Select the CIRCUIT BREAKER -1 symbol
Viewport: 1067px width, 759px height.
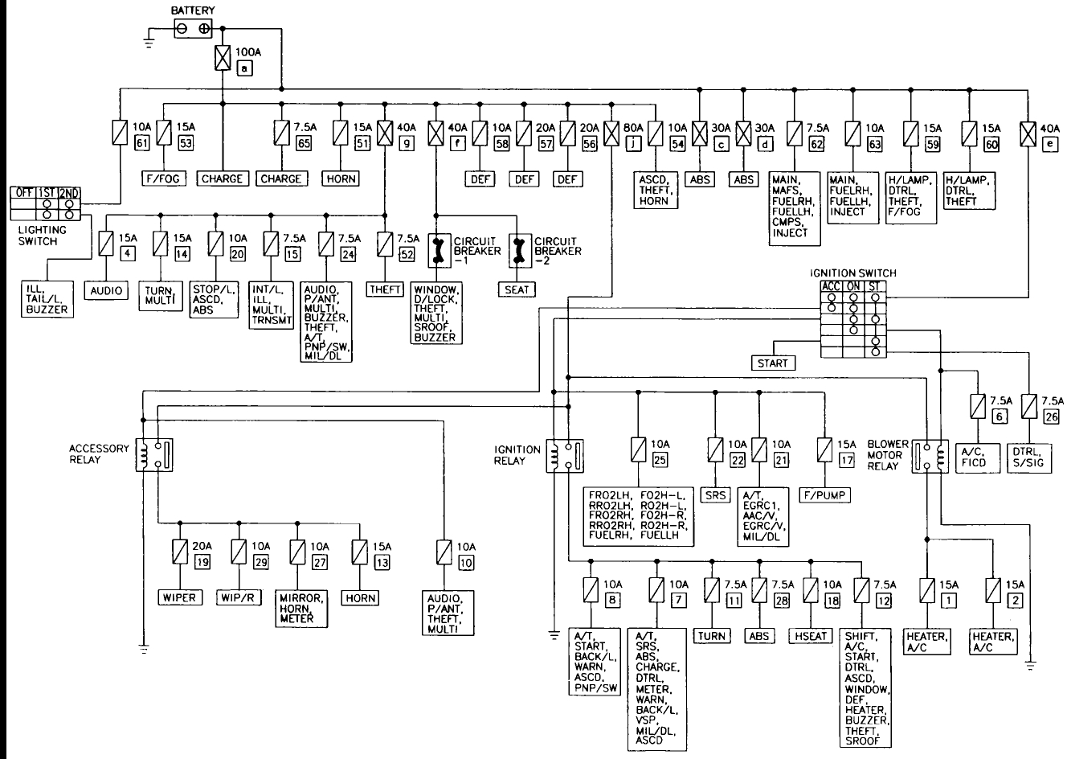[x=438, y=250]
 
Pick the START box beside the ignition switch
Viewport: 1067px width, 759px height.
[x=773, y=363]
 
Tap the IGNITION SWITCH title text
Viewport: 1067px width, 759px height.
[x=852, y=273]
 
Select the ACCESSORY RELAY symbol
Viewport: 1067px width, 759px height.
[x=153, y=455]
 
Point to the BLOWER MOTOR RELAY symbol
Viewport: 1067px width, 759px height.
[x=930, y=455]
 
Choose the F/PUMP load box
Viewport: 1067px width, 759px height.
[x=824, y=494]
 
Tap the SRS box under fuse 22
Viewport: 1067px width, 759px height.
[x=715, y=494]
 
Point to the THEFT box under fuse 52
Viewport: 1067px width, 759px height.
[x=385, y=289]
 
